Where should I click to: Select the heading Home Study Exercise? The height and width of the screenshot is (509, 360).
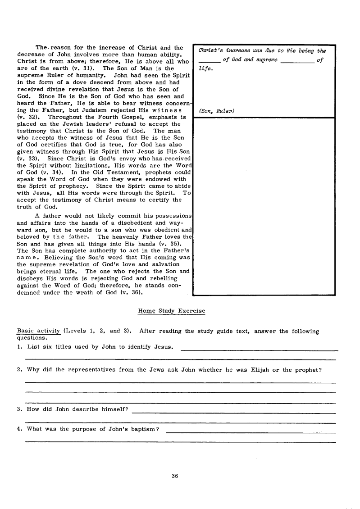[x=171, y=311]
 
